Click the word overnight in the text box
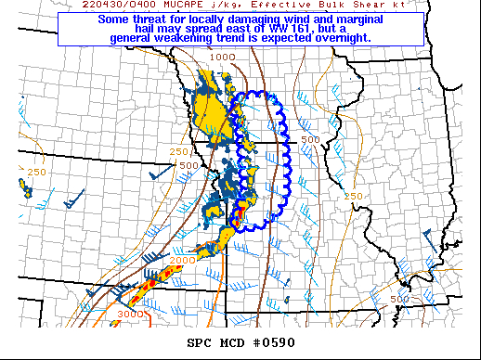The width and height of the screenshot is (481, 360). pos(336,39)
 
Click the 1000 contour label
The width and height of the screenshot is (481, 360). pos(222,58)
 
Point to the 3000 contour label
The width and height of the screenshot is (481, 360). pos(130,314)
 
